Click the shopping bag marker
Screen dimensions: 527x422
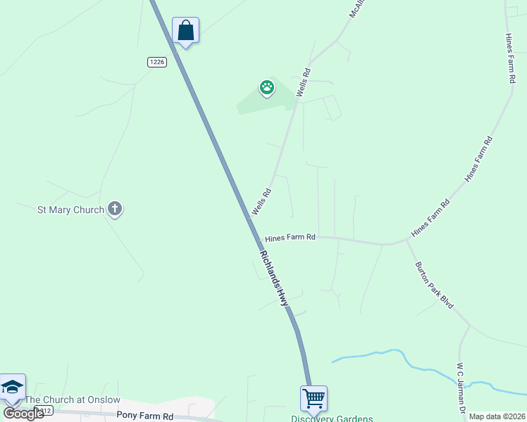185,31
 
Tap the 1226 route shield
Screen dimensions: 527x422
156,63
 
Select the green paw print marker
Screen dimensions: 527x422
267,88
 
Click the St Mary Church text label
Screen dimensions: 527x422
70,210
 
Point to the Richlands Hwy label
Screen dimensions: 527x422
275,279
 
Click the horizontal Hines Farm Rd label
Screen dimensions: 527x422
290,238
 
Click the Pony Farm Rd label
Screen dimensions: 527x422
145,416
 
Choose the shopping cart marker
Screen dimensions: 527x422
314,398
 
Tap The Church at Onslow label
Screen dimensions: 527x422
73,399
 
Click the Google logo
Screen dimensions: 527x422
23,414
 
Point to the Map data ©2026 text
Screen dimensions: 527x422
496,416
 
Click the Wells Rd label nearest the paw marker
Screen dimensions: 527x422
304,82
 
